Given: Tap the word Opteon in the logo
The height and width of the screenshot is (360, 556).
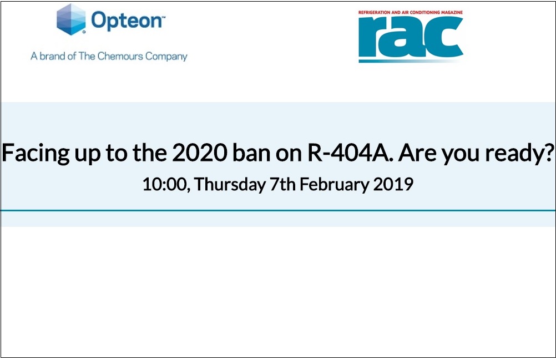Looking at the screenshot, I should (127, 21).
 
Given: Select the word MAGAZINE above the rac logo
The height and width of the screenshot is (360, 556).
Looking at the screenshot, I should (449, 12).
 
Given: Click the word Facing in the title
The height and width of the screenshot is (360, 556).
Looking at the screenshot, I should (37, 153).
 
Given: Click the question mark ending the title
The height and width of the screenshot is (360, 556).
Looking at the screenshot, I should (549, 153).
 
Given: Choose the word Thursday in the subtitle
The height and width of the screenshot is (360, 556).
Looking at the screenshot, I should (230, 184).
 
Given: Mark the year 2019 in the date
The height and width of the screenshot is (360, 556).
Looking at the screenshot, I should (393, 184).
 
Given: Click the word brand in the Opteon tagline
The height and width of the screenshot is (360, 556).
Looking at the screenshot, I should (52, 56).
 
